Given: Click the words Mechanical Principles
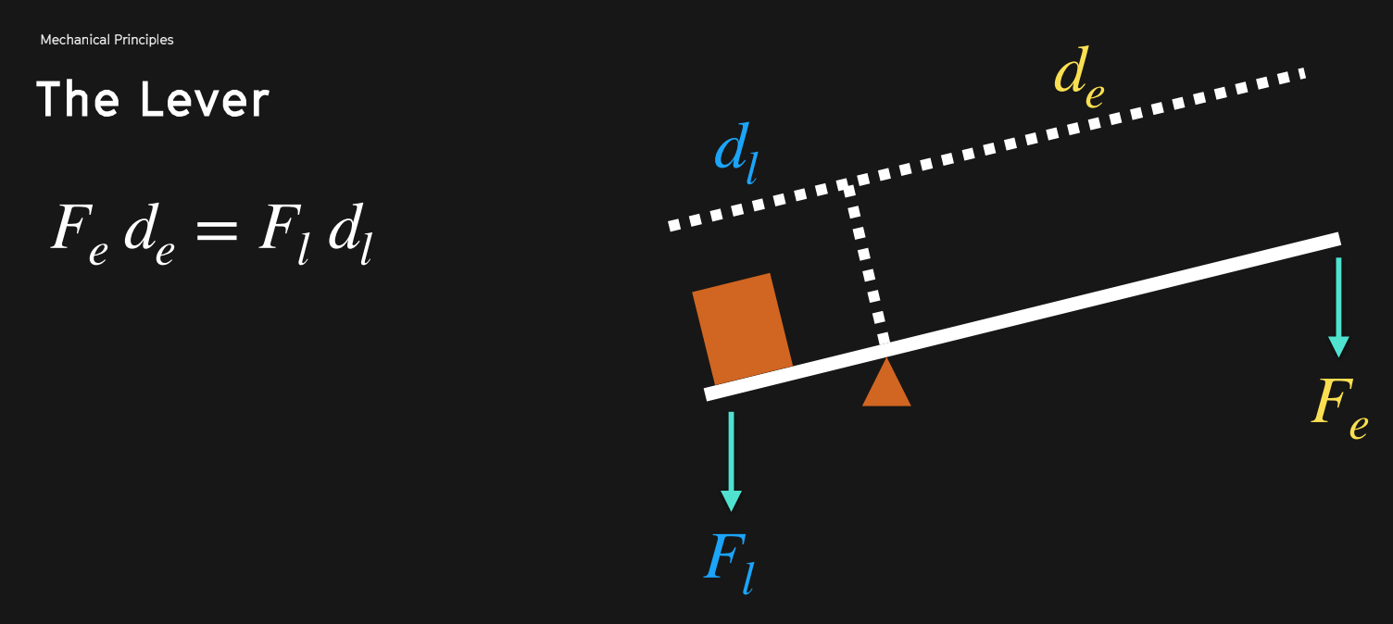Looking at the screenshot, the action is [x=107, y=40].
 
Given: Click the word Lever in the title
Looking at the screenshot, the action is [x=205, y=99].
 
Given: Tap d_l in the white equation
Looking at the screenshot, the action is [x=350, y=233].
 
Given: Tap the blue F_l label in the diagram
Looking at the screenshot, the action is [x=730, y=561].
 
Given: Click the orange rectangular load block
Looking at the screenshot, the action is [x=742, y=329].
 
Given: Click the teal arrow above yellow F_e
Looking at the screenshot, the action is [x=1338, y=306].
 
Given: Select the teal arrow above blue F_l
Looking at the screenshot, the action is [x=732, y=459].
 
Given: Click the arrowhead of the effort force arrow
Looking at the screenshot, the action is [x=1338, y=346].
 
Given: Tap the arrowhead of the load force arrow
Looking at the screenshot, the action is [x=732, y=499].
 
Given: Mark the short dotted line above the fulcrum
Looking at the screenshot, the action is [x=867, y=264].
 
